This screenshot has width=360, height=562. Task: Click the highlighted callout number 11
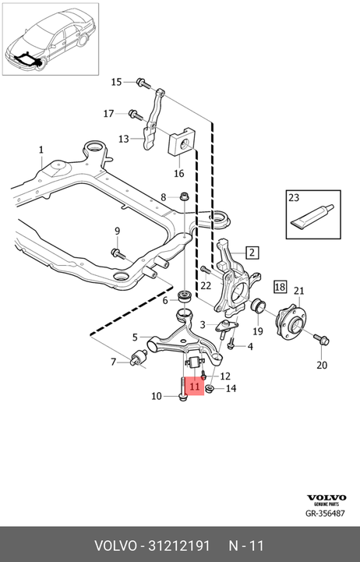pos(195,387)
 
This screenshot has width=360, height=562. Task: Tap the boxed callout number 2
pos(252,253)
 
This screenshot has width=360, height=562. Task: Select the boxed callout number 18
pos(280,286)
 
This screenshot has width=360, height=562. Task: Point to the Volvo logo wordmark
pos(326,497)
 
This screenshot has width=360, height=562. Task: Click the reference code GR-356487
pos(325,513)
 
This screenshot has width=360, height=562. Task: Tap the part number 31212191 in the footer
pos(178,546)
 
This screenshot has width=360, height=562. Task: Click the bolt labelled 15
pos(143,84)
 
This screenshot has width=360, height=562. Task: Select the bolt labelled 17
pos(136,115)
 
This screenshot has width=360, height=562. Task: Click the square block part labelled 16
pos(182,142)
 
